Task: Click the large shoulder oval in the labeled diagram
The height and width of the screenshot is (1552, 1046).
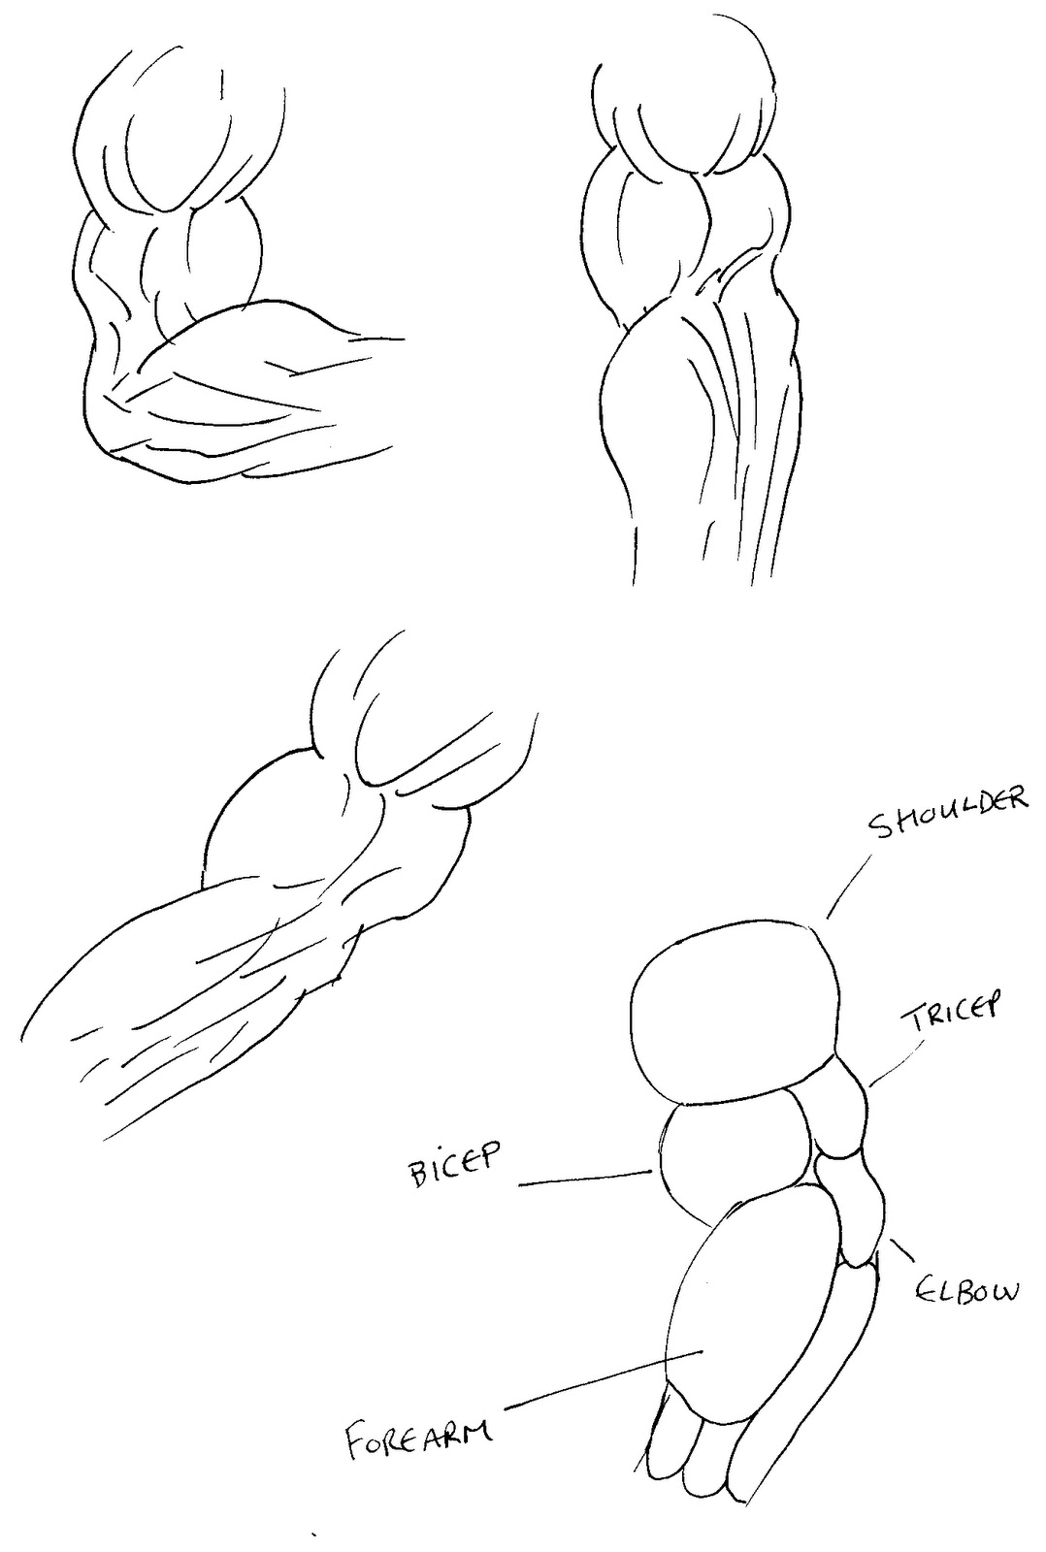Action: click(x=733, y=1014)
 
